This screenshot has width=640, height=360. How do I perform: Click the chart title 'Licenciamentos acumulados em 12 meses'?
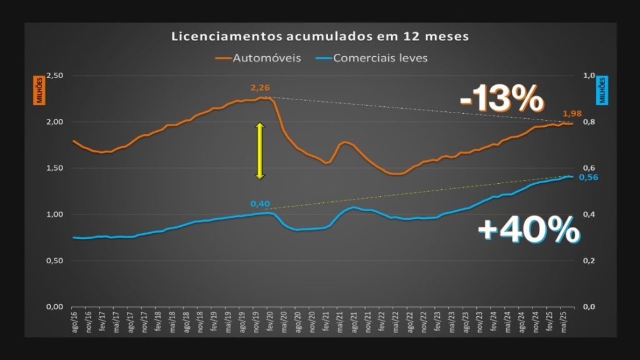point(320,36)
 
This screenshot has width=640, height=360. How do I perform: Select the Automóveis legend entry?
point(258,58)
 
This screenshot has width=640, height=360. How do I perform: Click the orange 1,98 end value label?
point(572,114)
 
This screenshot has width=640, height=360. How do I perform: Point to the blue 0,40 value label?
point(260,203)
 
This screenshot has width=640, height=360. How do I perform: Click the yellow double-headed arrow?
point(260,151)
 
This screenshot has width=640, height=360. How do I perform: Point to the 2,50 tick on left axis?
point(56,76)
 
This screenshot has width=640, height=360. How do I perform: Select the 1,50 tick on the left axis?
point(56,168)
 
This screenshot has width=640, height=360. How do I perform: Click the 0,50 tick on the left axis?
point(56,261)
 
